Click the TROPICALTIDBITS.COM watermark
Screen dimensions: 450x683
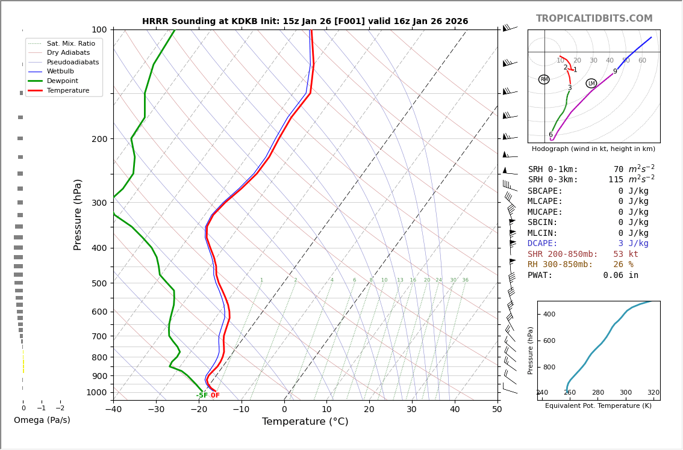point(594,19)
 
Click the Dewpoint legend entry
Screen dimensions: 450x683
point(70,81)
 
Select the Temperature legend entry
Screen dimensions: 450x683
point(67,90)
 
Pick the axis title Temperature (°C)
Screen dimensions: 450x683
point(305,422)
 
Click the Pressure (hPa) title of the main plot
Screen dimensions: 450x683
point(78,214)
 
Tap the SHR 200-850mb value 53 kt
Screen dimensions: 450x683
point(625,254)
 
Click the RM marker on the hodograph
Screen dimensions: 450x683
point(544,79)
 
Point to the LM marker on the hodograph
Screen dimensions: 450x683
point(591,84)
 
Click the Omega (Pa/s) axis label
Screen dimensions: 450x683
point(42,420)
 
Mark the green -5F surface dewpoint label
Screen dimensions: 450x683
point(202,395)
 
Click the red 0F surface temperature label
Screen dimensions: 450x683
point(215,395)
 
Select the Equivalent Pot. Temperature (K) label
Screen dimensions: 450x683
point(598,405)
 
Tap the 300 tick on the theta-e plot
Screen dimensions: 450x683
point(626,393)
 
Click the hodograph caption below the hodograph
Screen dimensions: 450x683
point(593,149)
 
